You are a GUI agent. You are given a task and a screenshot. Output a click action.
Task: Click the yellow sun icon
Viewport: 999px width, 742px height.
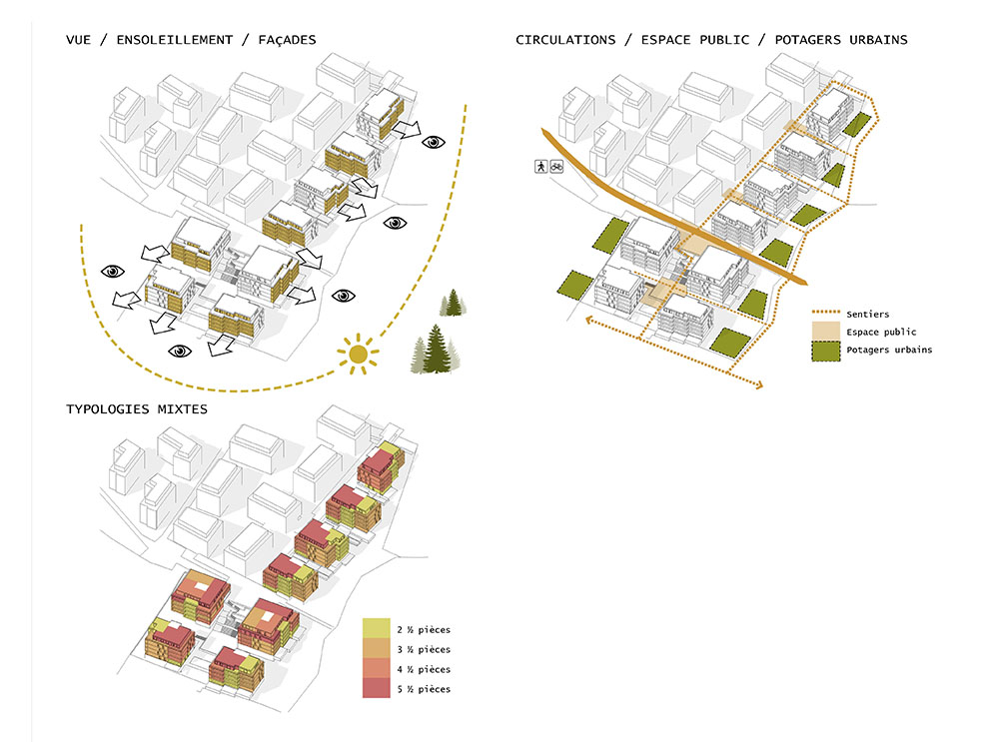[x=358, y=355]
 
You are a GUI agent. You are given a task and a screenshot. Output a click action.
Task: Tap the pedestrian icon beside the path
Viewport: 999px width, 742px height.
[x=540, y=168]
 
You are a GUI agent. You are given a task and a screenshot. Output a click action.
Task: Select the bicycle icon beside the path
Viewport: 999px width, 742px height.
[x=556, y=168]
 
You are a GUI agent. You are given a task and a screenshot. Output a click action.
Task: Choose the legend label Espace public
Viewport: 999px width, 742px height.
[x=880, y=332]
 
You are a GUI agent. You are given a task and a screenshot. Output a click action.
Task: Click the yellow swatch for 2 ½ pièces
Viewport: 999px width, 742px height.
[x=377, y=629]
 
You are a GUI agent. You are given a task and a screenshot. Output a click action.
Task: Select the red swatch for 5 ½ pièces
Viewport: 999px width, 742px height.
[x=377, y=689]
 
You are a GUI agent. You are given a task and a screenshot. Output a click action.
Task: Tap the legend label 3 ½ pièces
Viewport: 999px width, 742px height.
[x=423, y=650]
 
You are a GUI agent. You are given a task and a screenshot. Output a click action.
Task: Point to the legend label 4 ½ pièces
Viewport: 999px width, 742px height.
[x=423, y=670]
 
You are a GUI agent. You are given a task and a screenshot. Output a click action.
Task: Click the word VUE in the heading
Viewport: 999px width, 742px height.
[x=80, y=40]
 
